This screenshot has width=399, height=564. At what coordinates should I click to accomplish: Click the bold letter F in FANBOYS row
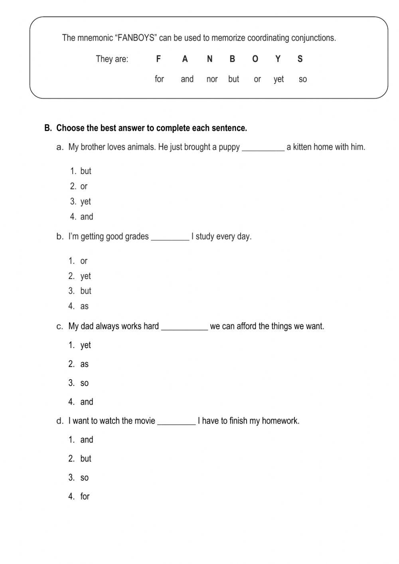pyautogui.click(x=158, y=59)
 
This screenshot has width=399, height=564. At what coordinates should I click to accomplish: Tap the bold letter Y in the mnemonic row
pyautogui.click(x=278, y=59)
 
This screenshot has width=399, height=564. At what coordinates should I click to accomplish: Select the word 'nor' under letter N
pyautogui.click(x=212, y=79)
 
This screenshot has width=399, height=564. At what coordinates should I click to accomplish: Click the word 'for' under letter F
pyautogui.click(x=159, y=79)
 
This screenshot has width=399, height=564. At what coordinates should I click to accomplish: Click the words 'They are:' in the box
pyautogui.click(x=112, y=59)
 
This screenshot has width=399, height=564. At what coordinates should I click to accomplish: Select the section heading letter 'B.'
pyautogui.click(x=48, y=128)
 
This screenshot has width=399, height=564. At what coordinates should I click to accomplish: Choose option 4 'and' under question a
pyautogui.click(x=87, y=217)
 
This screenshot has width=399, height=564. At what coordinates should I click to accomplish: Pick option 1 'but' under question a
pyautogui.click(x=85, y=171)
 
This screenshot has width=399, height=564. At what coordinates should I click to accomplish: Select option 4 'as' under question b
pyautogui.click(x=84, y=306)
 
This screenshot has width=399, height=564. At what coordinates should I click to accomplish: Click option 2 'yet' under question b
pyautogui.click(x=85, y=276)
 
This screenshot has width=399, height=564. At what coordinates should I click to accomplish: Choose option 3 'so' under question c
pyautogui.click(x=84, y=383)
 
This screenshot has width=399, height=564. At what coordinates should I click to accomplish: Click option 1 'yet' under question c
pyautogui.click(x=85, y=345)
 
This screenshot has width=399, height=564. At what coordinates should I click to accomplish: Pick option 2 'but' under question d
pyautogui.click(x=85, y=459)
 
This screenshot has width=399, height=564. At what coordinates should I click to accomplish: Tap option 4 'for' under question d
pyautogui.click(x=85, y=497)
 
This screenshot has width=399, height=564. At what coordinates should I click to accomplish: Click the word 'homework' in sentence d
pyautogui.click(x=281, y=421)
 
